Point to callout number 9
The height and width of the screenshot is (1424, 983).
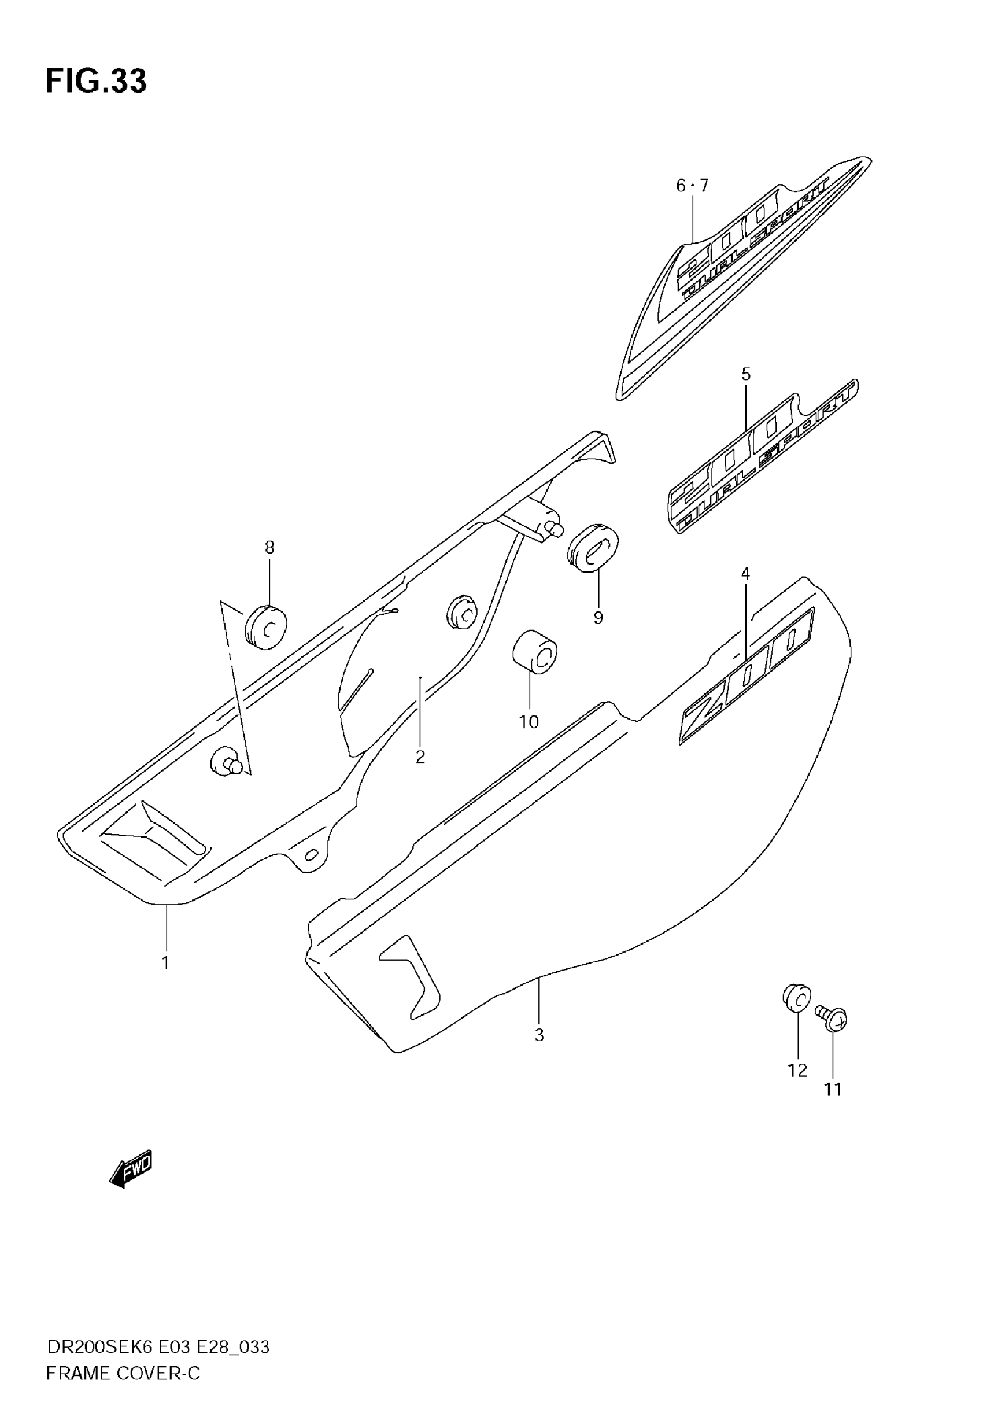(x=598, y=617)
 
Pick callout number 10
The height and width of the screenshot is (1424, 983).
(x=529, y=721)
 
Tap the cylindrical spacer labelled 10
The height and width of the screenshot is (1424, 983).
(x=535, y=652)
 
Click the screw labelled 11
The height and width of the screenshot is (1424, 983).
(x=833, y=1020)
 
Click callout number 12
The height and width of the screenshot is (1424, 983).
(x=797, y=1071)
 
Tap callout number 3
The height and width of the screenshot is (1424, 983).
(x=539, y=1035)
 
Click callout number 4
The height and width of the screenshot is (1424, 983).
(x=745, y=573)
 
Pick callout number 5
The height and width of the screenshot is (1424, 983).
(x=746, y=374)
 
